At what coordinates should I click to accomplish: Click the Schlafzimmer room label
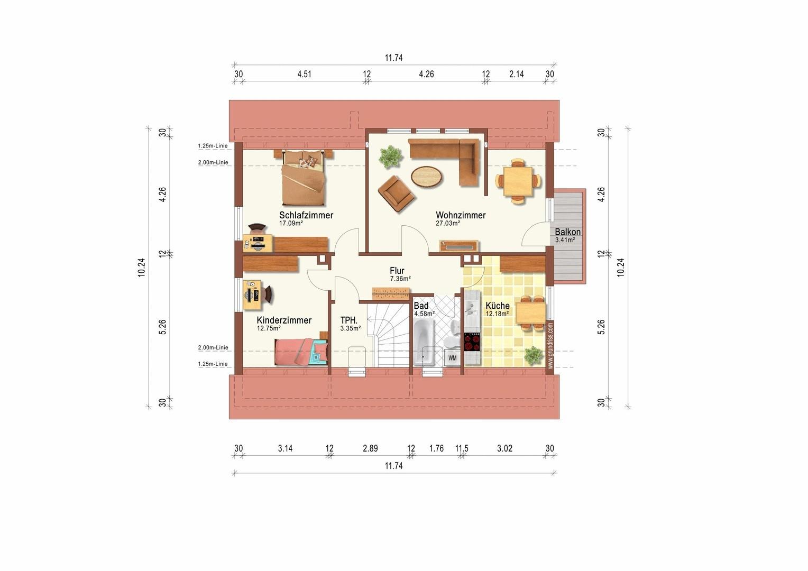click(x=306, y=215)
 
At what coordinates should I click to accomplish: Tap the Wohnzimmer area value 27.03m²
click(x=448, y=223)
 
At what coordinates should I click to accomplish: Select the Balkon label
click(x=568, y=232)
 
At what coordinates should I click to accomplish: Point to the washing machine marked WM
click(x=452, y=358)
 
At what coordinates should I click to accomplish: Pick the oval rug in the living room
click(x=427, y=177)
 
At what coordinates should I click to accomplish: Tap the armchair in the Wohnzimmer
click(x=396, y=194)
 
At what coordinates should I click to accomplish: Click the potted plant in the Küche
click(x=533, y=355)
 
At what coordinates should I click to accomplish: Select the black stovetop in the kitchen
click(x=472, y=342)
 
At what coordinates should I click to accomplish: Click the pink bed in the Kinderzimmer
click(x=301, y=352)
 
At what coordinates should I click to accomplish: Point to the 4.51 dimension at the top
click(x=304, y=74)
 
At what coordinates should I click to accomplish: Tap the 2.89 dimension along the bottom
click(x=370, y=448)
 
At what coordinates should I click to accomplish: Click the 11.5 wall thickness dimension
click(x=462, y=448)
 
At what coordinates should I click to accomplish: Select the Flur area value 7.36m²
click(x=400, y=279)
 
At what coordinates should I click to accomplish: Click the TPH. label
click(x=349, y=320)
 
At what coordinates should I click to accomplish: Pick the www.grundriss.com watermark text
click(x=550, y=346)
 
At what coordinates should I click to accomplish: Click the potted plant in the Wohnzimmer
click(x=390, y=156)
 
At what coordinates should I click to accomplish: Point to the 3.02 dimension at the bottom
click(x=504, y=448)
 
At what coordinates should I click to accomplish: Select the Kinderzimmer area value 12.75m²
click(x=269, y=328)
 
